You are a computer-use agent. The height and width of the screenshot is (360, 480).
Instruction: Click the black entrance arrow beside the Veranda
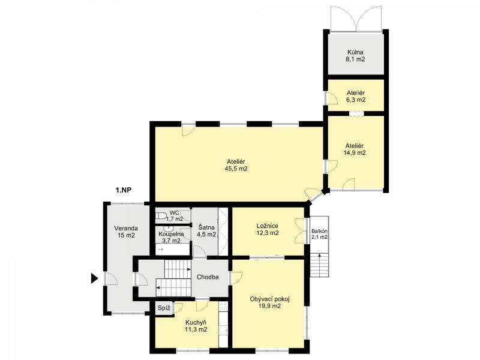tap(94, 278)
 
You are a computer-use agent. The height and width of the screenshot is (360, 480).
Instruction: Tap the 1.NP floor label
tap(124, 190)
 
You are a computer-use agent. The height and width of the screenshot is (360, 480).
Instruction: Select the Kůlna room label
tap(355, 52)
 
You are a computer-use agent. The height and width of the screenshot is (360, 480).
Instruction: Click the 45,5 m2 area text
tap(236, 169)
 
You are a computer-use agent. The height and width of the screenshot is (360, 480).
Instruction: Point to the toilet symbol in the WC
tap(161, 216)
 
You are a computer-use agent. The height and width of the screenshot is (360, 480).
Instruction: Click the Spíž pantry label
tap(164, 308)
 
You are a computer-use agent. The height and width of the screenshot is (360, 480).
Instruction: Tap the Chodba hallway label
tap(208, 277)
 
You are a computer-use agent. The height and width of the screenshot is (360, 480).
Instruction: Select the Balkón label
tap(320, 231)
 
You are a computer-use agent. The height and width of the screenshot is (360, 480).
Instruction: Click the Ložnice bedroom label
tap(268, 226)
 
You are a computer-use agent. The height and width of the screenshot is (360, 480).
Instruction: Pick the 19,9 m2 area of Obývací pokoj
tap(269, 306)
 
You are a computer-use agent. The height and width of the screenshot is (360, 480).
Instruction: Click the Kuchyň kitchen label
tap(196, 323)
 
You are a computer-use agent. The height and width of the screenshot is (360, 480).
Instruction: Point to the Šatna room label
tap(206, 228)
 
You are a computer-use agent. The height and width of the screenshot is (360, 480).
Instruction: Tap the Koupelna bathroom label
tap(172, 234)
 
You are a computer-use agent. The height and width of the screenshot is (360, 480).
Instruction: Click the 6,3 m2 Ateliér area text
tap(355, 100)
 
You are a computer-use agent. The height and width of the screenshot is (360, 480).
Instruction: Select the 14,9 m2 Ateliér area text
tap(355, 153)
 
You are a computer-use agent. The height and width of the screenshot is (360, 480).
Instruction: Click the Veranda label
tap(126, 229)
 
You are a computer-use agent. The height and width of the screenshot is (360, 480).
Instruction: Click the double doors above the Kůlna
tap(356, 19)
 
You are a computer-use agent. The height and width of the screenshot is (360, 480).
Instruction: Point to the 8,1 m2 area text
tap(355, 59)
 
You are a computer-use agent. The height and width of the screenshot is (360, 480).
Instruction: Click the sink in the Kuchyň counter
tap(223, 331)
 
